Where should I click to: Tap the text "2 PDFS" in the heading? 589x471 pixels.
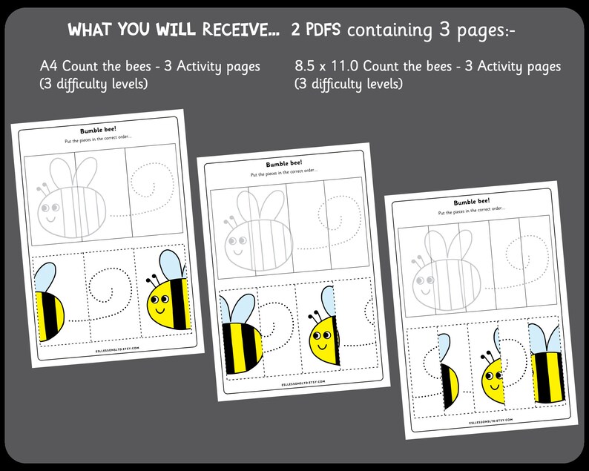(x=317, y=30)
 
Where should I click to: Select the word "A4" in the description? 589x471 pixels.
(x=50, y=67)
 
